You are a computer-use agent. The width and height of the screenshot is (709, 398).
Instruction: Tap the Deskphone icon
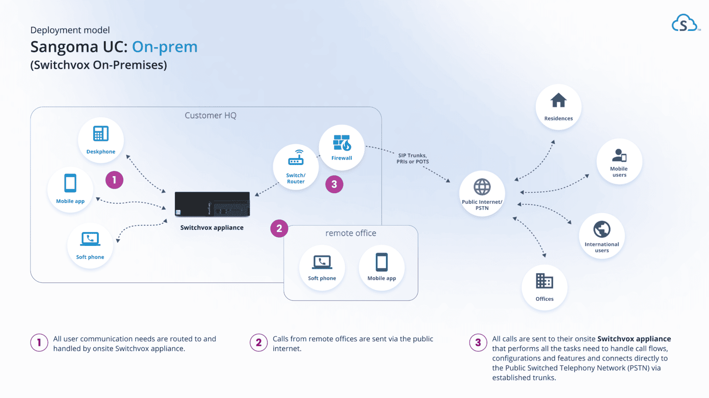[101, 134]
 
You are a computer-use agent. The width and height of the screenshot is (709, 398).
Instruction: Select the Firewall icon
[342, 143]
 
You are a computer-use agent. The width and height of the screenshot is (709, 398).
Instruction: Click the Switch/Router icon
[296, 158]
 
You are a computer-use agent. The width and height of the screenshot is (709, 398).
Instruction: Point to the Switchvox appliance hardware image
[212, 204]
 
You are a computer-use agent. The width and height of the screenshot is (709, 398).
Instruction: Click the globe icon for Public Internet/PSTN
[482, 187]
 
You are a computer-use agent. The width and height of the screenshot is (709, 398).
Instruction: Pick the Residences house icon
[559, 100]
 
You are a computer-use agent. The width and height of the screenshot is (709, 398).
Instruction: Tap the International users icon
[602, 229]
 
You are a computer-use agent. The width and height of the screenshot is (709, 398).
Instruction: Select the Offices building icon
[544, 281]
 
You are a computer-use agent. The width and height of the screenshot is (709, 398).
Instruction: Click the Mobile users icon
[619, 155]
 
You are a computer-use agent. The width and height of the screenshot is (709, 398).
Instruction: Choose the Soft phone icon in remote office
[322, 262]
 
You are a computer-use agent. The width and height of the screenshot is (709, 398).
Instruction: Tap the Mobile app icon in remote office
[382, 262]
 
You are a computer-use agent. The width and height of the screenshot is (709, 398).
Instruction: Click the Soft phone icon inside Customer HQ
[90, 239]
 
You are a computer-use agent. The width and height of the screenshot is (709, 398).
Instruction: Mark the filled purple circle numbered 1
[114, 180]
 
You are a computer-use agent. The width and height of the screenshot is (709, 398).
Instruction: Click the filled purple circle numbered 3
[334, 184]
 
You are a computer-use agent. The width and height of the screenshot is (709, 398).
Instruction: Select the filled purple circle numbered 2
[279, 228]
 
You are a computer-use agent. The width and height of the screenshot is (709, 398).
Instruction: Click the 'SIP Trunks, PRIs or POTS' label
[413, 159]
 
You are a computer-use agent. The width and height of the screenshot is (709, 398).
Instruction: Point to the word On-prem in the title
[165, 47]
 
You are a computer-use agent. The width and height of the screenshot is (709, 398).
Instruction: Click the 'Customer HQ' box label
[210, 116]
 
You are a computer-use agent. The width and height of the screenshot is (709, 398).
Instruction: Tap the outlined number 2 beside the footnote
[258, 343]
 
